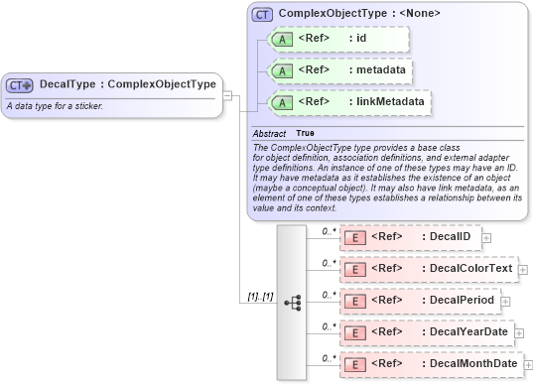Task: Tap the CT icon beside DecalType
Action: pyautogui.click(x=21, y=85)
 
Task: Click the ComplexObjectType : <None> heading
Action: pyautogui.click(x=359, y=14)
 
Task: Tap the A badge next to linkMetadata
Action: pyautogui.click(x=282, y=102)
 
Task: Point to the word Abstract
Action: pyautogui.click(x=269, y=133)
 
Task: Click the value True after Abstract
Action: pyautogui.click(x=306, y=133)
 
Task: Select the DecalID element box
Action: pyautogui.click(x=410, y=237)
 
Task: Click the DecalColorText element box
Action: pyautogui.click(x=429, y=268)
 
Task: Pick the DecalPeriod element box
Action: pyautogui.click(x=418, y=300)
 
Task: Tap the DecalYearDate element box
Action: pyautogui.click(x=426, y=331)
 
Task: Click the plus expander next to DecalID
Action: pyautogui.click(x=486, y=238)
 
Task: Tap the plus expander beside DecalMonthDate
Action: pyautogui.click(x=528, y=365)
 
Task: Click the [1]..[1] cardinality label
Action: pyautogui.click(x=260, y=297)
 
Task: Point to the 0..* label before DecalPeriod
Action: pyautogui.click(x=329, y=295)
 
